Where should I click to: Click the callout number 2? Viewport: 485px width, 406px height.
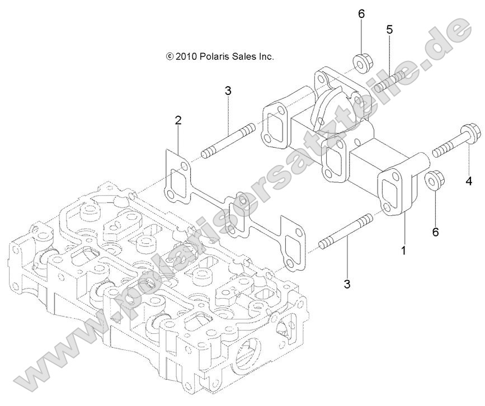tap(178, 120)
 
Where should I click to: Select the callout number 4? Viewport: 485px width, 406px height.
tap(468, 181)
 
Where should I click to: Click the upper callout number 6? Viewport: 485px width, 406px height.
tap(361, 13)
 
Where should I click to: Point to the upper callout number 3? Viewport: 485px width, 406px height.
tap(228, 91)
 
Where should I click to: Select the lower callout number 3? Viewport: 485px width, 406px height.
tap(347, 284)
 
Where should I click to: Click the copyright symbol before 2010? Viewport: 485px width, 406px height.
tap(170, 56)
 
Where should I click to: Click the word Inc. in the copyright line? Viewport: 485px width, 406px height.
tap(265, 56)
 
